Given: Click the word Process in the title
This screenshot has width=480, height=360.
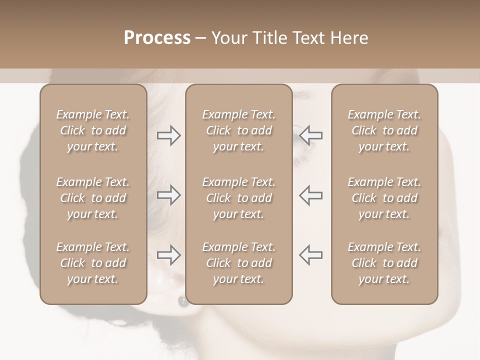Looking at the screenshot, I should coord(157,38).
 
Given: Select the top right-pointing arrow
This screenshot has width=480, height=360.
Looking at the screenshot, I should coord(168,135).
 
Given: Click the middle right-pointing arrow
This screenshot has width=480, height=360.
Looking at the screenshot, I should coord(168,195).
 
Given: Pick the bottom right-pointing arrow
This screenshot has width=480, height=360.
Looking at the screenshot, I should coord(168,255).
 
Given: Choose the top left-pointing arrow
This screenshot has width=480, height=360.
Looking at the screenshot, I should coord(310,135).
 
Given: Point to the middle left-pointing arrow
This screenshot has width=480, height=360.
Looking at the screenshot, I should coord(310,195).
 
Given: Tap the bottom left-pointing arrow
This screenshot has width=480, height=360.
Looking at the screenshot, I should coord(310,255).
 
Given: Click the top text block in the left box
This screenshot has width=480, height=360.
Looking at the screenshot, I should coord(93,130).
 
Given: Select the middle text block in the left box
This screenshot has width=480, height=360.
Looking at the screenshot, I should coord(93,198).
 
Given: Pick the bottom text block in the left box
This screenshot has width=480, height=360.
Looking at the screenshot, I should coord(93,263).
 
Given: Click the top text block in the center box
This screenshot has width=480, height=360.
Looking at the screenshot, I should coord(238,130).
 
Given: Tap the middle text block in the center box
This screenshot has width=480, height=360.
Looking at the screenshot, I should coord(238,198).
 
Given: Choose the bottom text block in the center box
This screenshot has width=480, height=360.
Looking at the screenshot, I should coord(238,263).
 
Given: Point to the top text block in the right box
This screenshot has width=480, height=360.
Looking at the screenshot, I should coord(384,130).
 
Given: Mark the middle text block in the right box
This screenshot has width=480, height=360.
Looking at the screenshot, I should coord(384,198).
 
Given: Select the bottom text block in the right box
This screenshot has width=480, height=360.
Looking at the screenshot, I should coord(384,263).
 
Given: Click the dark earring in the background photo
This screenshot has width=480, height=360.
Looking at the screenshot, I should coord(182,301).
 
